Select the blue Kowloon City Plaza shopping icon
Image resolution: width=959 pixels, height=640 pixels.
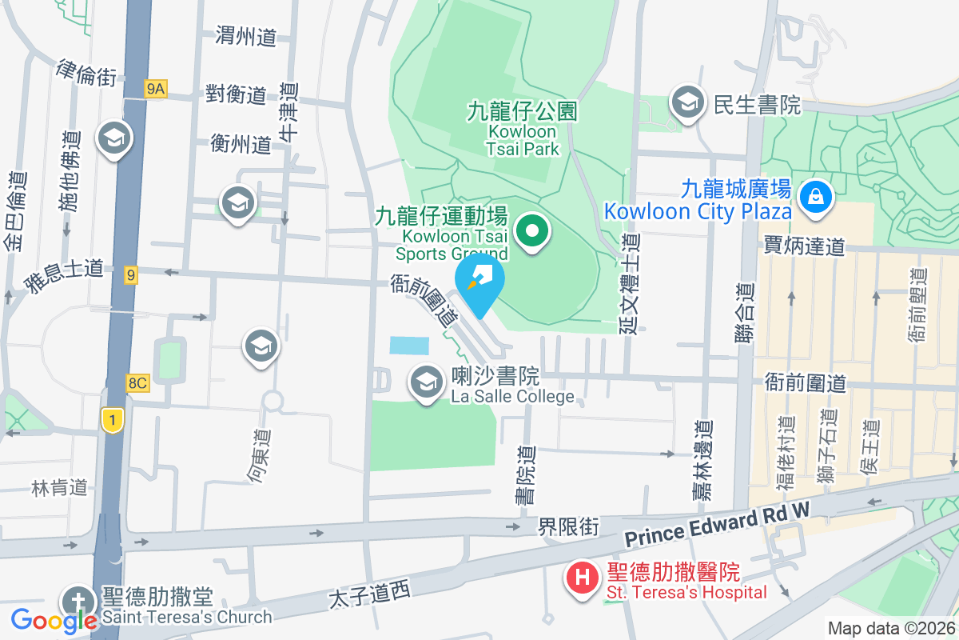[815, 194]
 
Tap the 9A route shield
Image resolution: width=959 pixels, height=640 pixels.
[156, 90]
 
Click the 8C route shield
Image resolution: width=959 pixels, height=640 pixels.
[137, 383]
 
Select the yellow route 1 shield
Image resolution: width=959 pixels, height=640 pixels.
[113, 418]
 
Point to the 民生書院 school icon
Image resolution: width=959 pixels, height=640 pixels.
[686, 102]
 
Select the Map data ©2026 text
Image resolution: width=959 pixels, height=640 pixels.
[890, 629]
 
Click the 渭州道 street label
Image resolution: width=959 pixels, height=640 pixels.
[246, 35]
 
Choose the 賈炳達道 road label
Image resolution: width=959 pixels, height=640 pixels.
[804, 246]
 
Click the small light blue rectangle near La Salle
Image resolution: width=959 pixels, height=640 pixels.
[409, 346]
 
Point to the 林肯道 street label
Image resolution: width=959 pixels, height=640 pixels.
[59, 487]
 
